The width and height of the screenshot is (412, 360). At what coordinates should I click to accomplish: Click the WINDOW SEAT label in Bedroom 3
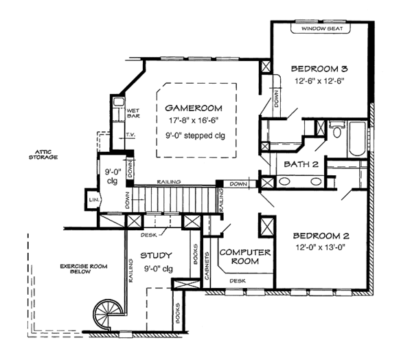coord(322,28)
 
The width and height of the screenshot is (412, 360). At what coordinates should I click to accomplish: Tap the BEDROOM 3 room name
coord(319,69)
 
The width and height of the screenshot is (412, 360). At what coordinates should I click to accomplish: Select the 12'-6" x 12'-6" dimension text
coord(319,81)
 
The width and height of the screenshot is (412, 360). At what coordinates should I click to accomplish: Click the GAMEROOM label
coord(194,108)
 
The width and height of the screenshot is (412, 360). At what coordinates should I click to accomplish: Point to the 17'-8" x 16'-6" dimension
coord(194,120)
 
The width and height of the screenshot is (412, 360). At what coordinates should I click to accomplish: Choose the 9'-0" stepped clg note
coord(195,135)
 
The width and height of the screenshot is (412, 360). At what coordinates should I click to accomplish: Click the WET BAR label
coord(133,113)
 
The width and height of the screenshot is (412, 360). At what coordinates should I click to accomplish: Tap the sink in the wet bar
coord(119,102)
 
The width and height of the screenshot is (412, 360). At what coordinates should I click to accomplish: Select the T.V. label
coord(130,135)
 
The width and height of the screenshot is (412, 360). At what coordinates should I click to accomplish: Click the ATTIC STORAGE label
coord(43,155)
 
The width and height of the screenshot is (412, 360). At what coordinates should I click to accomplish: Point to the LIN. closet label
coord(94,200)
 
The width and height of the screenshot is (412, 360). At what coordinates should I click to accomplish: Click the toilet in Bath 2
coord(337,129)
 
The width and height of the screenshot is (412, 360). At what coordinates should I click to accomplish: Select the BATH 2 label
coord(301,164)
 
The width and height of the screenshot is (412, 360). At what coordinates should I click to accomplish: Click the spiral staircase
coord(108,314)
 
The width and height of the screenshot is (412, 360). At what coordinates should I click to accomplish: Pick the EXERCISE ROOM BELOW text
coord(84,269)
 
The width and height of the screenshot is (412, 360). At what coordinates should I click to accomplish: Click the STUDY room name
coord(156,256)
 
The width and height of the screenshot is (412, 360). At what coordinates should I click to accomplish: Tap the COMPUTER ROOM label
coord(245,257)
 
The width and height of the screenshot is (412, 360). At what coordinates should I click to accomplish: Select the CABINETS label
coord(207,266)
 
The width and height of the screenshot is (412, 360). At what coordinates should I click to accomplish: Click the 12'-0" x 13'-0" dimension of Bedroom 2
coord(320,247)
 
